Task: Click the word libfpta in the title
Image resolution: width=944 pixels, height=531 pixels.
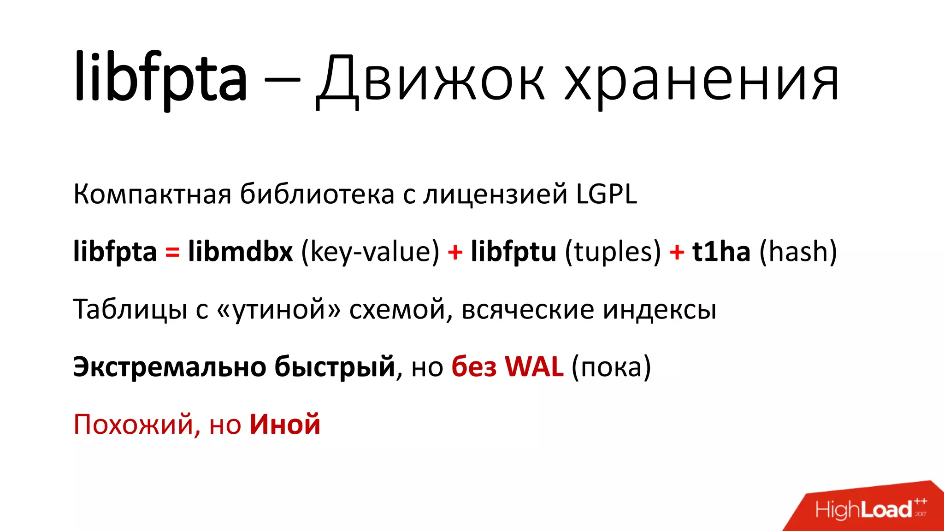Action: (x=160, y=78)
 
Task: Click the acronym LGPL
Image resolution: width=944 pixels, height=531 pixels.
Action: (x=607, y=194)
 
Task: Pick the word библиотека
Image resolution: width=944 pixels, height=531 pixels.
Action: (x=317, y=194)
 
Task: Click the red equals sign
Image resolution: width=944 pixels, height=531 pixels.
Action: (x=172, y=252)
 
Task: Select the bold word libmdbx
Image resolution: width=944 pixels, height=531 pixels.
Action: (x=240, y=252)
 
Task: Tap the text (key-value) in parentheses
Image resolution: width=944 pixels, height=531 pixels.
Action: (x=370, y=253)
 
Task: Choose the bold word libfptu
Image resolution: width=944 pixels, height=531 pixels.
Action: (x=513, y=252)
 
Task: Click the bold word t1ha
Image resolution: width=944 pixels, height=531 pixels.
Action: (x=721, y=252)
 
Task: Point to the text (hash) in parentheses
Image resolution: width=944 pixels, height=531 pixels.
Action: (x=798, y=253)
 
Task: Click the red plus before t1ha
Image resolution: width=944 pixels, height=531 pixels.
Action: (x=677, y=253)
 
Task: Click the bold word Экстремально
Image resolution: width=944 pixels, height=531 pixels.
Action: (x=170, y=367)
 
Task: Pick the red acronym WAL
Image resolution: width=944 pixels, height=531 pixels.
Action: (x=534, y=367)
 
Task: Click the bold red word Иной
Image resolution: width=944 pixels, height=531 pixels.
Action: (x=285, y=424)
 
